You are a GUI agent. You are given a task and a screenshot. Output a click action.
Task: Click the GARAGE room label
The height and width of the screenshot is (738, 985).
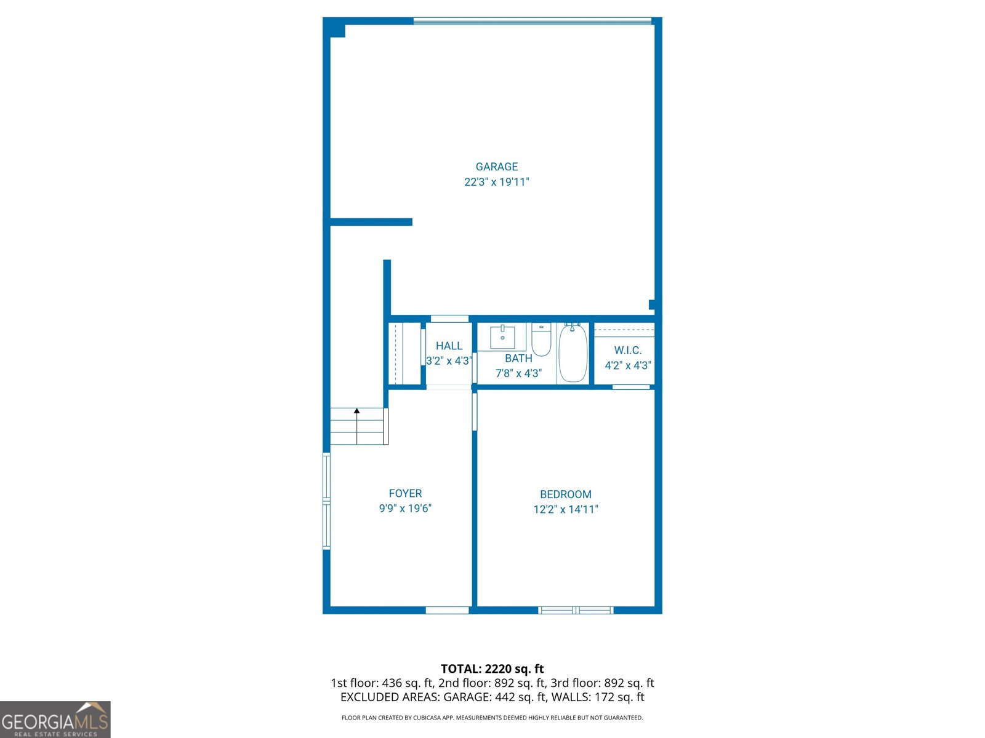click(x=496, y=167)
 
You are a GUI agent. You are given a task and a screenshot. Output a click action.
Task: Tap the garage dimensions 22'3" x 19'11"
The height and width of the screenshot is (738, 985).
click(x=496, y=182)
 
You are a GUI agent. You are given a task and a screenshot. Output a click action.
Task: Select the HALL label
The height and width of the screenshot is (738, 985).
click(x=449, y=346)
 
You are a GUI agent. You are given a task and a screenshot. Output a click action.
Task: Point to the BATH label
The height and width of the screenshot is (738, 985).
click(x=518, y=359)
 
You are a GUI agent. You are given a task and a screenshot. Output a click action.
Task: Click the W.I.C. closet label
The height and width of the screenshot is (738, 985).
click(x=627, y=351)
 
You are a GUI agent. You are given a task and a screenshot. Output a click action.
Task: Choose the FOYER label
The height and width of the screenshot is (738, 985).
click(x=405, y=493)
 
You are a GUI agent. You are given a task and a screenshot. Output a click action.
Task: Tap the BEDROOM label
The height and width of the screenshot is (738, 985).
click(x=565, y=494)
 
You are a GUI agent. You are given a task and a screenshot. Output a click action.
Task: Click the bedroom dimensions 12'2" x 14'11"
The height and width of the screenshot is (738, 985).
click(x=565, y=509)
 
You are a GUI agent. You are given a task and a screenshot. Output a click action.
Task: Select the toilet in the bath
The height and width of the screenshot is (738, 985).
click(x=541, y=339)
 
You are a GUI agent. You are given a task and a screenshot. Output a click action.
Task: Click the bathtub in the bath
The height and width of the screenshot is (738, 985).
click(x=573, y=352)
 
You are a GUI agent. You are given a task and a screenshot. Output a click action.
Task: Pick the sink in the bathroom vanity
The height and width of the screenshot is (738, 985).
click(x=502, y=337)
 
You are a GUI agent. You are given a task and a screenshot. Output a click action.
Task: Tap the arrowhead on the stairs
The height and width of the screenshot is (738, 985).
click(x=356, y=411)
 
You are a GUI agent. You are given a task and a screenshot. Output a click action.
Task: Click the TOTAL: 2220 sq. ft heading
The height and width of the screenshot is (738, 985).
click(x=492, y=669)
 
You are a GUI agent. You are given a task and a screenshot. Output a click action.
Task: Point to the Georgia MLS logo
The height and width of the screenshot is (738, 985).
click(x=55, y=720)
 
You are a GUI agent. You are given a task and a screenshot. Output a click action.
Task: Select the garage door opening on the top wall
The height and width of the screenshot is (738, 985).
click(x=532, y=21)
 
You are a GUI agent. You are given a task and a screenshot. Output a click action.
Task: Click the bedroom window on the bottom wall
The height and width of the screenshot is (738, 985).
click(x=576, y=610)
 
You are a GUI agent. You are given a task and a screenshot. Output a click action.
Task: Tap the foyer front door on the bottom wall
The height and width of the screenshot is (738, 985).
click(x=447, y=610)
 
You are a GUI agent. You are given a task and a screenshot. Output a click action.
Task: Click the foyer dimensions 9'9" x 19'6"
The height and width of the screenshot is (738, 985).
click(x=405, y=508)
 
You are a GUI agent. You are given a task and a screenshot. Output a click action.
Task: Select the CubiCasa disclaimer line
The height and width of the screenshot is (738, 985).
click(x=492, y=717)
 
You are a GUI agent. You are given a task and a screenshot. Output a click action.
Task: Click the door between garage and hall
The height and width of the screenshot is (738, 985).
click(x=449, y=319)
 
